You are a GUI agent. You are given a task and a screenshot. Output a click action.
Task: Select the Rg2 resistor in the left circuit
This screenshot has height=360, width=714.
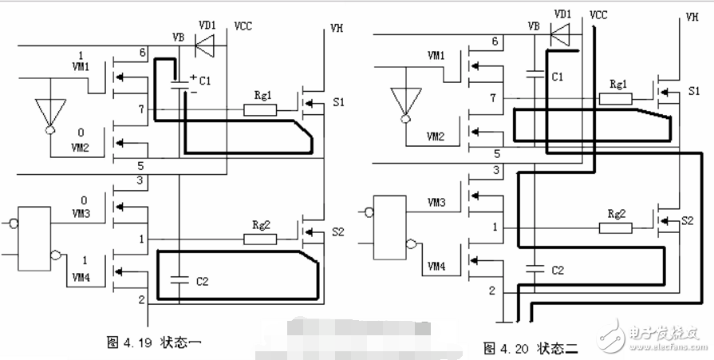pyautogui.click(x=260, y=239)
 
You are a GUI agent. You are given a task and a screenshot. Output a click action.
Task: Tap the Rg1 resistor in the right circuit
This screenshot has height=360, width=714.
pyautogui.click(x=617, y=99)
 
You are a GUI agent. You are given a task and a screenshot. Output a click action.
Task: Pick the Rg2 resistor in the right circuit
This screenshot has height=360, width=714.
pyautogui.click(x=616, y=228)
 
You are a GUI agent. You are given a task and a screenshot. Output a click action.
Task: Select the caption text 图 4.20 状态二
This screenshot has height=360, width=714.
pyautogui.click(x=533, y=349)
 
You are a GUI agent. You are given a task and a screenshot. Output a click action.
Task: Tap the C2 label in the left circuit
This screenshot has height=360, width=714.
pyautogui.click(x=202, y=280)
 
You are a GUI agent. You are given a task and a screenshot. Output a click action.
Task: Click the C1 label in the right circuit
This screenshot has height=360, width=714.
pyautogui.click(x=558, y=77)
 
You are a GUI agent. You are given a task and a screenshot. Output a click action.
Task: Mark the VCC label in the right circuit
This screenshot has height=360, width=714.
pyautogui.click(x=599, y=14)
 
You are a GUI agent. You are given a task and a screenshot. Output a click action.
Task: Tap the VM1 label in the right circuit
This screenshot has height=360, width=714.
pyautogui.click(x=436, y=56)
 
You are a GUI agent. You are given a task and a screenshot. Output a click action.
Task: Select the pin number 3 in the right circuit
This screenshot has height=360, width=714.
pyautogui.click(x=496, y=170)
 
